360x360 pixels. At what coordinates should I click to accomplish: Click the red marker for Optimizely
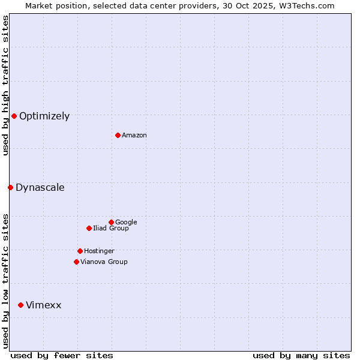[14, 116]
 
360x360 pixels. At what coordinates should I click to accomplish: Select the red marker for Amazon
[118, 135]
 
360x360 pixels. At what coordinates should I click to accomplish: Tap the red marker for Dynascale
[10, 187]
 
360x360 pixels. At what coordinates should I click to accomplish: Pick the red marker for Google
[111, 222]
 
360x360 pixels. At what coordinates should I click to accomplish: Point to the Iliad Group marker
[89, 228]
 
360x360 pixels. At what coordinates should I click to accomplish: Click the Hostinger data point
[80, 251]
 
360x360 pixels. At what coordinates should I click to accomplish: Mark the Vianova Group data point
[76, 262]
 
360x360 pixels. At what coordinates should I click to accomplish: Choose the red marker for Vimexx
[20, 305]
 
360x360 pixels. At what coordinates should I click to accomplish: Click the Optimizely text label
[44, 116]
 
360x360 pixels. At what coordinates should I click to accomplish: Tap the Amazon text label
[134, 136]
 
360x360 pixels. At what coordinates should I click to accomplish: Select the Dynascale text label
[40, 188]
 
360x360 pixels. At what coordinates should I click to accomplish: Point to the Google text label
[126, 223]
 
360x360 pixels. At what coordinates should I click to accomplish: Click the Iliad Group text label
[111, 229]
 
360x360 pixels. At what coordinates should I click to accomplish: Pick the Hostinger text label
[99, 251]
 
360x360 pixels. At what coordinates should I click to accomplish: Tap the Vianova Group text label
[104, 262]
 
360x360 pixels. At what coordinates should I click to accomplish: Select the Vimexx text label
[43, 305]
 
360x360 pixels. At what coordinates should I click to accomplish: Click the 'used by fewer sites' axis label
[62, 356]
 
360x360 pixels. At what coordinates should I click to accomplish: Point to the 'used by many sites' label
[301, 356]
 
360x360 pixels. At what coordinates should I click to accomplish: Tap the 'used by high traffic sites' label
[5, 85]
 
